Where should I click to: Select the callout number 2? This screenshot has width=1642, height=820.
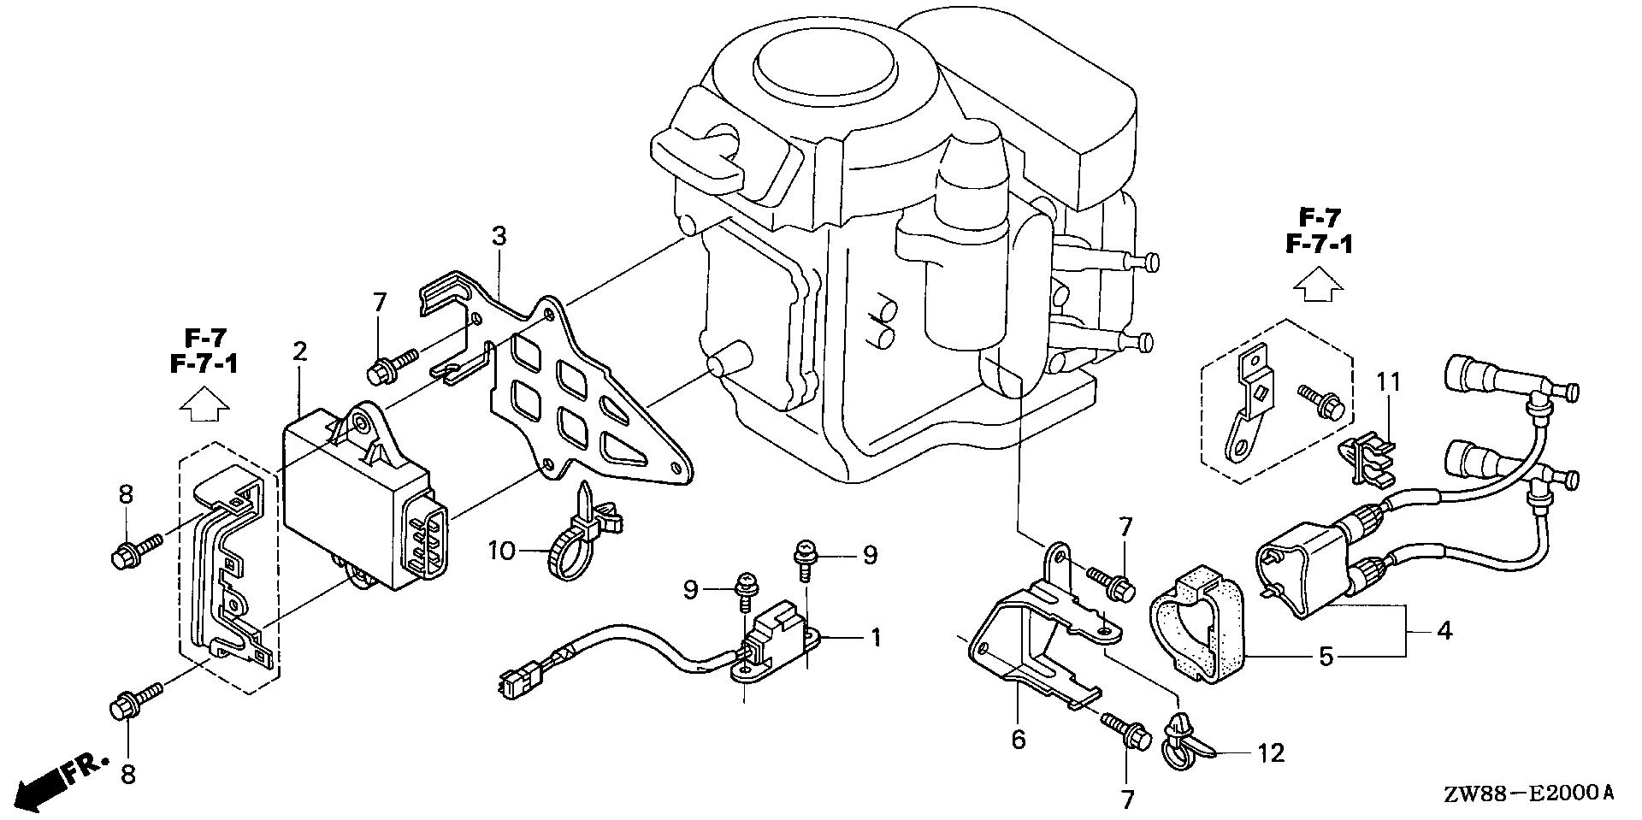(x=298, y=351)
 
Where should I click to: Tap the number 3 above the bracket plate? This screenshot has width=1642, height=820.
(x=499, y=236)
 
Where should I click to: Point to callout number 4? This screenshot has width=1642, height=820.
(x=1444, y=633)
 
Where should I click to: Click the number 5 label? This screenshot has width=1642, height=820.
(x=1326, y=657)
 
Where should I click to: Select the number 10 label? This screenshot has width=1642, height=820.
(x=502, y=550)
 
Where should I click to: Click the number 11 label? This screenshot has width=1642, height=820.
(x=1389, y=381)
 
